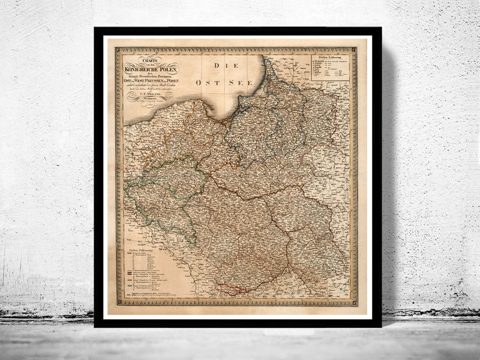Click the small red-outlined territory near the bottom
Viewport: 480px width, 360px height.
point(231,289)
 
